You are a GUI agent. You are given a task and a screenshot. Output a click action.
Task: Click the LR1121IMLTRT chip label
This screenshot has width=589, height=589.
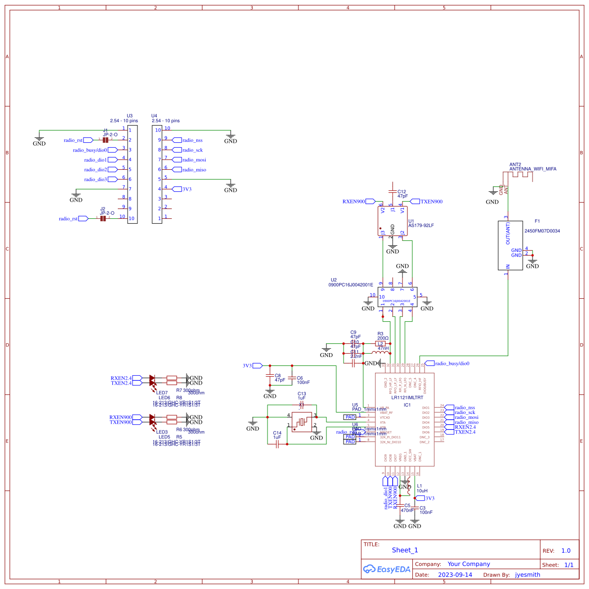point(407,398)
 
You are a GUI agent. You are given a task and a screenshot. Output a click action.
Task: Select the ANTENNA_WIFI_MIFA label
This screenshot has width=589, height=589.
point(533,169)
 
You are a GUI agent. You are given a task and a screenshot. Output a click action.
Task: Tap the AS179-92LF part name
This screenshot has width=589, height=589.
point(421,226)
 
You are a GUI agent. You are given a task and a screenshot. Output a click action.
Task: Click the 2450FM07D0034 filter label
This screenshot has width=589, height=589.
point(542,231)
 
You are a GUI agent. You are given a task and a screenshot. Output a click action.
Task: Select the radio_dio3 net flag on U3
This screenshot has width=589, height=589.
point(112,179)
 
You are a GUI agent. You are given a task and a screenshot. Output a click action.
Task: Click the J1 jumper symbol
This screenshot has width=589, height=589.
point(105,140)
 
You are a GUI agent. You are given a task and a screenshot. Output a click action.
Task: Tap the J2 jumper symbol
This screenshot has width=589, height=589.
point(103,219)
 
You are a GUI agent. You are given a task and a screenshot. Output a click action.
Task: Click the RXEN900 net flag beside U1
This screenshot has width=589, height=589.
point(371,202)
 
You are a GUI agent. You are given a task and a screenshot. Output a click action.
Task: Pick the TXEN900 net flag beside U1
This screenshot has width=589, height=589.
point(415,202)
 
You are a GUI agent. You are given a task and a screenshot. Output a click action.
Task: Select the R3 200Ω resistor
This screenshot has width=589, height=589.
point(380,344)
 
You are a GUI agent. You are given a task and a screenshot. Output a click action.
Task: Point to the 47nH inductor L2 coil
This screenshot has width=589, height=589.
point(380,353)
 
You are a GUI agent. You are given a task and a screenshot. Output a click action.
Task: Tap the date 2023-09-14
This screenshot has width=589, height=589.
point(455,575)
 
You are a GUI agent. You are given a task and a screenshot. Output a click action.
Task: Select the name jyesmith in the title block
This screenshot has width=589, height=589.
point(528,575)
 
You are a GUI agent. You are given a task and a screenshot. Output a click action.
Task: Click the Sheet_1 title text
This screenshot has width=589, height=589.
point(405,550)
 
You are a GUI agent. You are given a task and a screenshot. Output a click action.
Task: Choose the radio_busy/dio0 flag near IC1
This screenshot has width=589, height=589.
point(429,363)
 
